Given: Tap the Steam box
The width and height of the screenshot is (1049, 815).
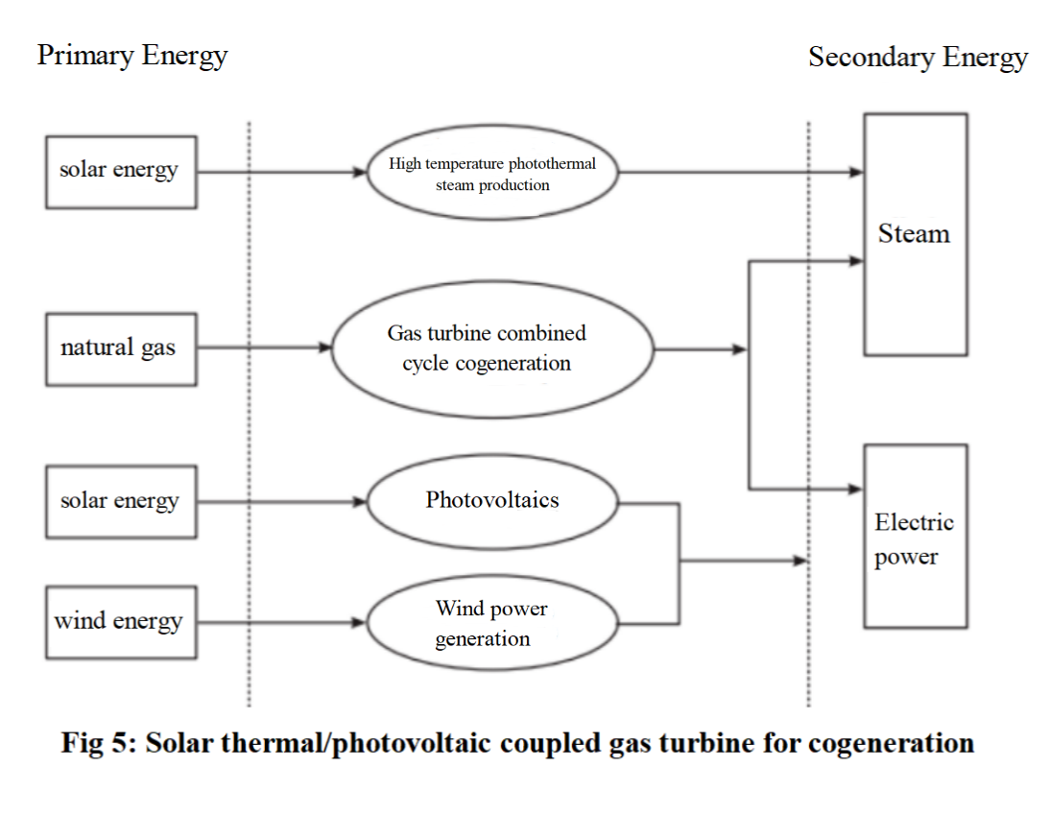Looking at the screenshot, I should point(914,234).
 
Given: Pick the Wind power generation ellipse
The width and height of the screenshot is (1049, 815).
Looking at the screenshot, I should point(491,623).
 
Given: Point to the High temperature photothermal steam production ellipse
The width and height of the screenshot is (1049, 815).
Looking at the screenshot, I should point(492,174).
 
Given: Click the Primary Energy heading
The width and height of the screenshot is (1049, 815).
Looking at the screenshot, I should point(132,56).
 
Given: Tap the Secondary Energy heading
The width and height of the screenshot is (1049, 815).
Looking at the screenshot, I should point(918,57).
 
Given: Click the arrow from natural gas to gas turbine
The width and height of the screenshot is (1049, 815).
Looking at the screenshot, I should point(259,348).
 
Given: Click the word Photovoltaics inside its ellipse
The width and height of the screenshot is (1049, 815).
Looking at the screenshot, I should point(491,500).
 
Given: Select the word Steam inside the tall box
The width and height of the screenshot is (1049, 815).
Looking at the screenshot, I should point(914,234).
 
